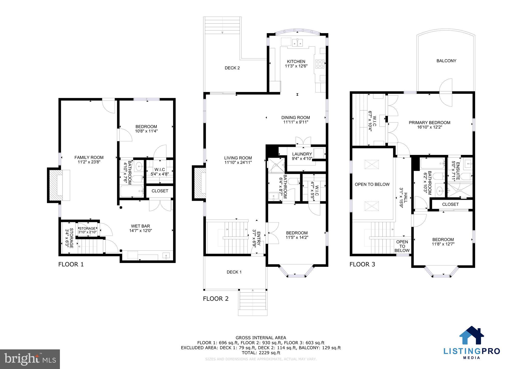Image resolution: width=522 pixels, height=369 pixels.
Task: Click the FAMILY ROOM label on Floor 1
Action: coord(89,157)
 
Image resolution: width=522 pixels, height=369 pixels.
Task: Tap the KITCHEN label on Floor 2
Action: coord(296,61)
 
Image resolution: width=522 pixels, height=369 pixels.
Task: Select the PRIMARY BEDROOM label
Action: coord(429,123)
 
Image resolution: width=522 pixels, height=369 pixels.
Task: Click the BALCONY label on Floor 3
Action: coord(446,61)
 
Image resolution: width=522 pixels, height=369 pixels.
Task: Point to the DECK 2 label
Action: coord(232,68)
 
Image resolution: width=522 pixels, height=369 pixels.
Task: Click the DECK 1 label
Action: coord(234,272)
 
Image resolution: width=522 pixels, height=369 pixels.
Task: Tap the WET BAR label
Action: coord(140,226)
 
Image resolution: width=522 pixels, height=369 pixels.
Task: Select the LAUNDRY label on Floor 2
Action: coord(302,154)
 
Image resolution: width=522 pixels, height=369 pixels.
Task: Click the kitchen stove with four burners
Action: coord(320,64)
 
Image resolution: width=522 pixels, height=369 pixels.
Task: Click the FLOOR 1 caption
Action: coord(71,264)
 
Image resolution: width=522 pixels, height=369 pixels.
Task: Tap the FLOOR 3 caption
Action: coord(362,264)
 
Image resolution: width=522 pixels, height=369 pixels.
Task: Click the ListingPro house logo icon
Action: coord(471,335)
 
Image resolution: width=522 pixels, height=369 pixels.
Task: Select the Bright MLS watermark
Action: coord(30,359)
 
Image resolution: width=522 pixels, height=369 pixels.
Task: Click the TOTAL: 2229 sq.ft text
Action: coord(261,353)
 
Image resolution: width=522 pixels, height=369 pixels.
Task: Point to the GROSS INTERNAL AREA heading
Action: coord(261,338)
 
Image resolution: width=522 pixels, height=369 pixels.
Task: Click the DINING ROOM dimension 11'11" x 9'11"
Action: coord(296,122)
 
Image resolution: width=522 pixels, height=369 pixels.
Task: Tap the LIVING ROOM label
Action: coord(238,158)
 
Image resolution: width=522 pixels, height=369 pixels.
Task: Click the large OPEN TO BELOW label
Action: coord(372,184)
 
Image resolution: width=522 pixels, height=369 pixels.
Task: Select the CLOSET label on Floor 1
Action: coord(160,191)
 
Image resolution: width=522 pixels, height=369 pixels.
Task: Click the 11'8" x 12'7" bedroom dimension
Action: coord(443,244)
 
